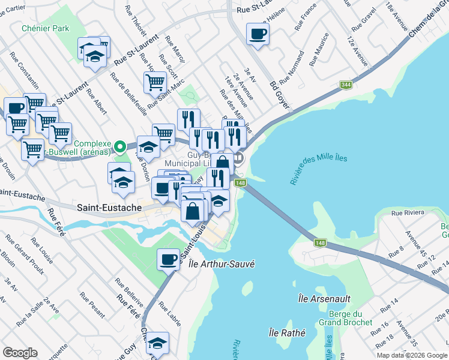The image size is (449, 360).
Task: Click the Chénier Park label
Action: [x=45, y=28]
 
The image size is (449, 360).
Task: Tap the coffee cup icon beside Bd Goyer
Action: [x=258, y=34]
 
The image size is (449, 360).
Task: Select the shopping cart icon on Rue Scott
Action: [x=155, y=82]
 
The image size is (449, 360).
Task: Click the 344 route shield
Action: [x=346, y=85]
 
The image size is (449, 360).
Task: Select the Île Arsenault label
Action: [x=324, y=298]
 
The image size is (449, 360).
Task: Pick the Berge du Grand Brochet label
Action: [x=348, y=318]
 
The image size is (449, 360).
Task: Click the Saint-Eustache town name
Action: [x=109, y=208]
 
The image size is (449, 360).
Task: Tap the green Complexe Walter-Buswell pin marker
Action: [x=120, y=146]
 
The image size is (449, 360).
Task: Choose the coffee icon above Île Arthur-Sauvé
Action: [x=169, y=260]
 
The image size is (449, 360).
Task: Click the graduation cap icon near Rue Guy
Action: [x=157, y=343]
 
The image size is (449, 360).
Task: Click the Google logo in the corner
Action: [x=20, y=353]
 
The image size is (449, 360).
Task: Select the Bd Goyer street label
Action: [x=280, y=95]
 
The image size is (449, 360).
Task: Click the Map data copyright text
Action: [x=412, y=355]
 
